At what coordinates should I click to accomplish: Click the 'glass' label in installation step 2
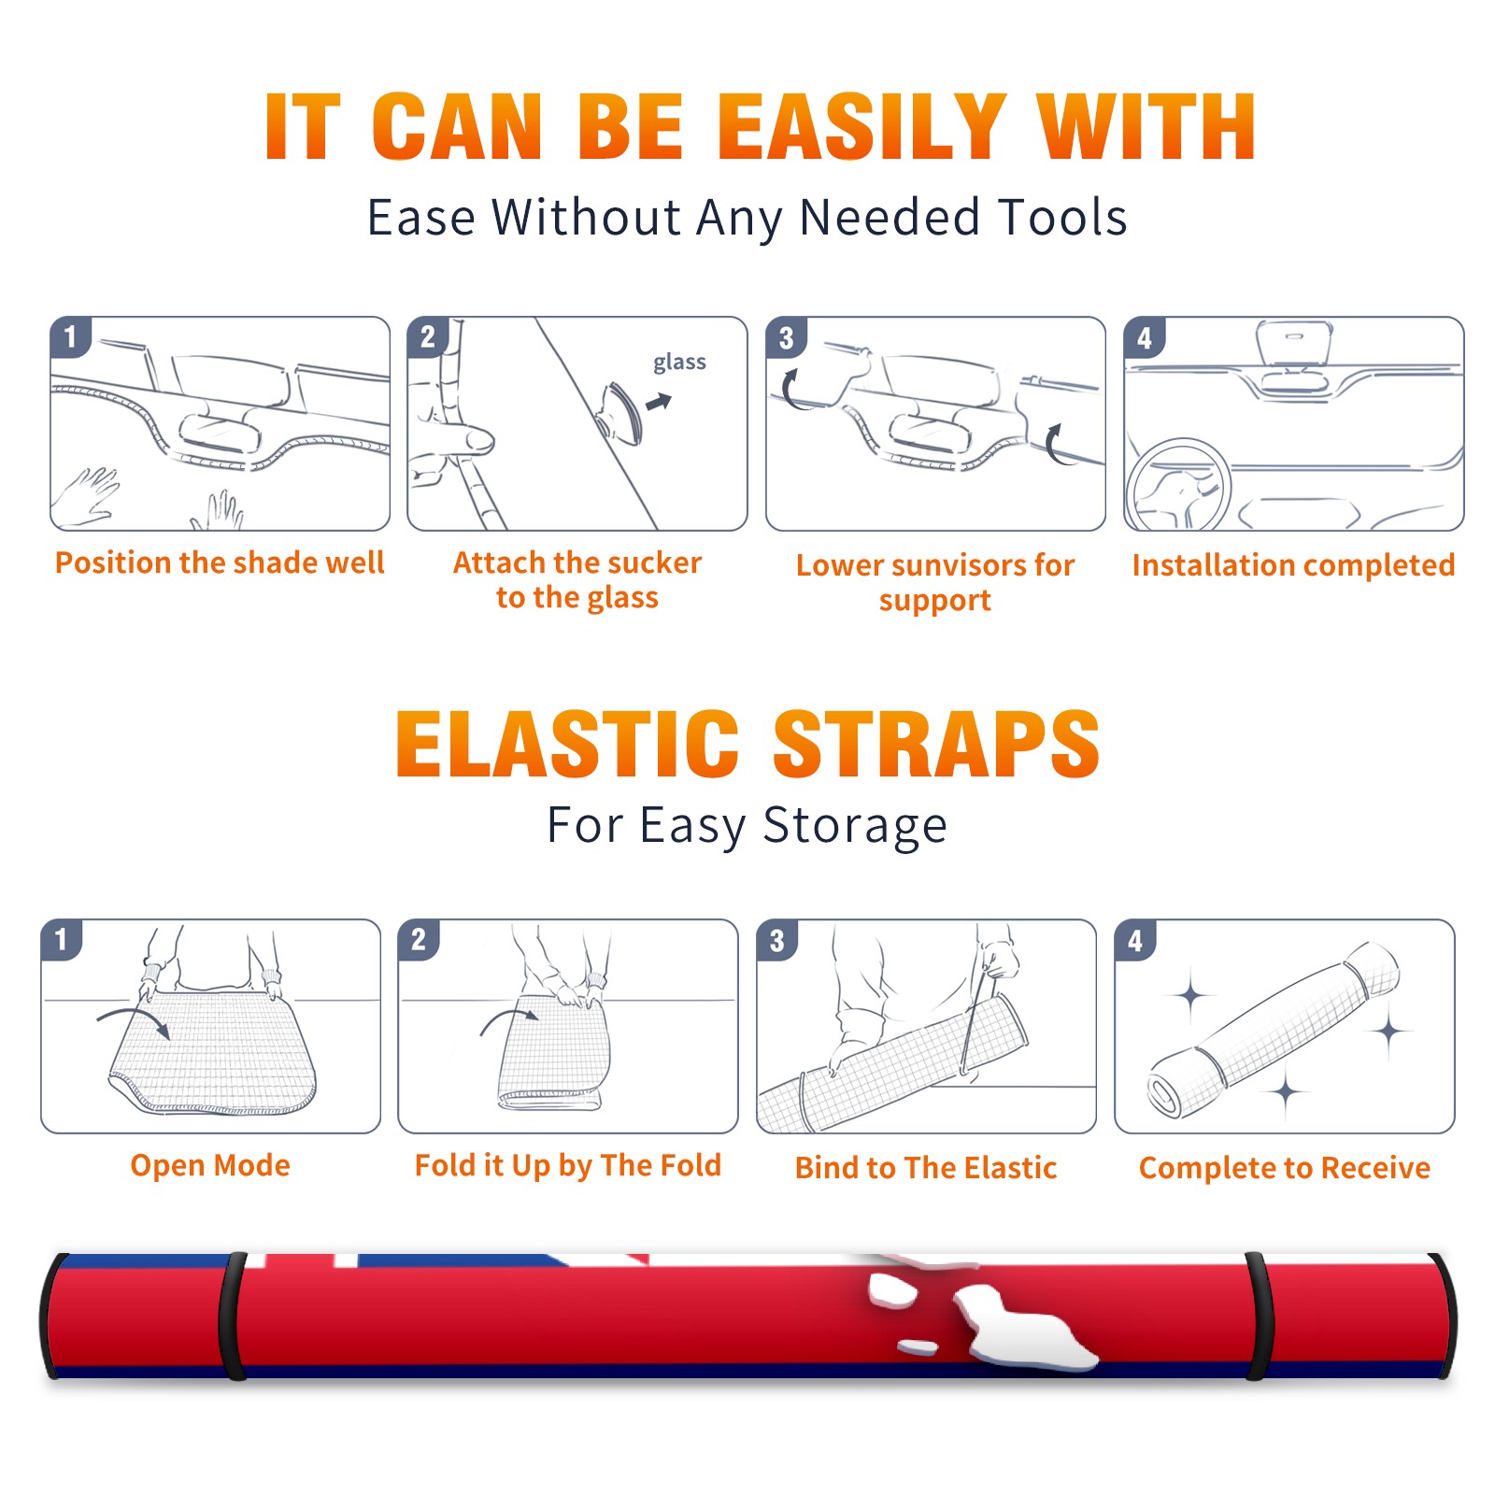pyautogui.click(x=679, y=363)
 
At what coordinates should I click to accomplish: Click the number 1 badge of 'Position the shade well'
pyautogui.click(x=70, y=336)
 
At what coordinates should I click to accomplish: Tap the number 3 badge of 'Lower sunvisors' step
pyautogui.click(x=786, y=337)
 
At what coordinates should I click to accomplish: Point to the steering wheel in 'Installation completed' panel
pyautogui.click(x=1178, y=485)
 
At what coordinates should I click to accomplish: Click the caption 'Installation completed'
pyautogui.click(x=1293, y=565)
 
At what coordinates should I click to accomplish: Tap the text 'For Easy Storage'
pyautogui.click(x=747, y=826)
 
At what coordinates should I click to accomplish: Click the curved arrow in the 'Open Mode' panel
pyautogui.click(x=134, y=1019)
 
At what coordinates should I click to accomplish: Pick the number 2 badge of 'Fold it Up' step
pyautogui.click(x=418, y=939)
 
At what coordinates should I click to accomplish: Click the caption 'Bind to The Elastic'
pyautogui.click(x=926, y=1168)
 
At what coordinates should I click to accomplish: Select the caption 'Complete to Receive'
pyautogui.click(x=1285, y=1168)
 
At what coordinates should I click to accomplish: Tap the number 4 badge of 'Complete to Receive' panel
pyautogui.click(x=1134, y=940)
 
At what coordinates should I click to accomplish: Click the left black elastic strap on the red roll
pyautogui.click(x=232, y=1316)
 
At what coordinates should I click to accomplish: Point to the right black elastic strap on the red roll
pyautogui.click(x=1259, y=1316)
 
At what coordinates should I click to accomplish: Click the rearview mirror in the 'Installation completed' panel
pyautogui.click(x=1294, y=344)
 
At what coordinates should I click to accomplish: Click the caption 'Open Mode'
pyautogui.click(x=210, y=1166)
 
